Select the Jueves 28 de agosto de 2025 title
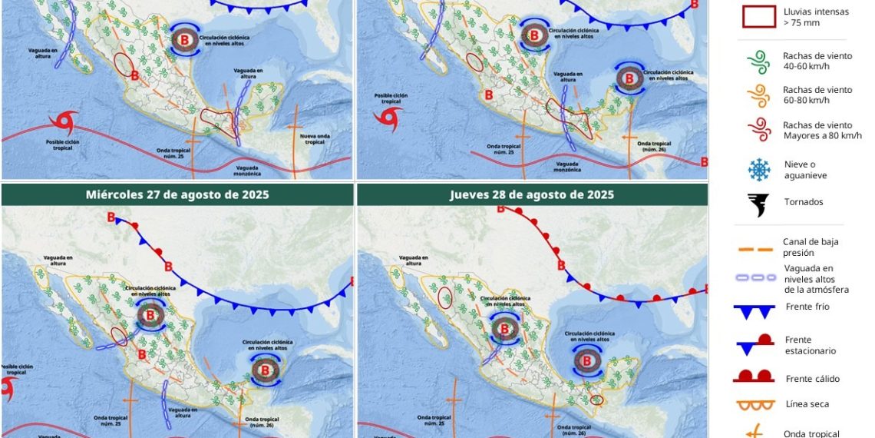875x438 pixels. tap(531, 194)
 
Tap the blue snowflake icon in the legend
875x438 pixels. tap(758, 169)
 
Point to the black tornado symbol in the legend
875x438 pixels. tap(758, 204)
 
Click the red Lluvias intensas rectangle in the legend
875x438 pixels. tap(758, 17)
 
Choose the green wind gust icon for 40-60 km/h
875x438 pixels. tap(758, 61)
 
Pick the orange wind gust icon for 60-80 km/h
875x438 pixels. tap(758, 95)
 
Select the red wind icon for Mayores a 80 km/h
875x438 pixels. tap(758, 130)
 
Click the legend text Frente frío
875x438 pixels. tap(807, 307)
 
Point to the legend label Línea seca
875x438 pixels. tap(807, 403)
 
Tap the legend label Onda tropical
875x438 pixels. tap(811, 433)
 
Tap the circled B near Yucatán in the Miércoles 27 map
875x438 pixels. tap(266, 370)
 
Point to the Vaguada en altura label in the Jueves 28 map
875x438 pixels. tap(414, 260)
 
